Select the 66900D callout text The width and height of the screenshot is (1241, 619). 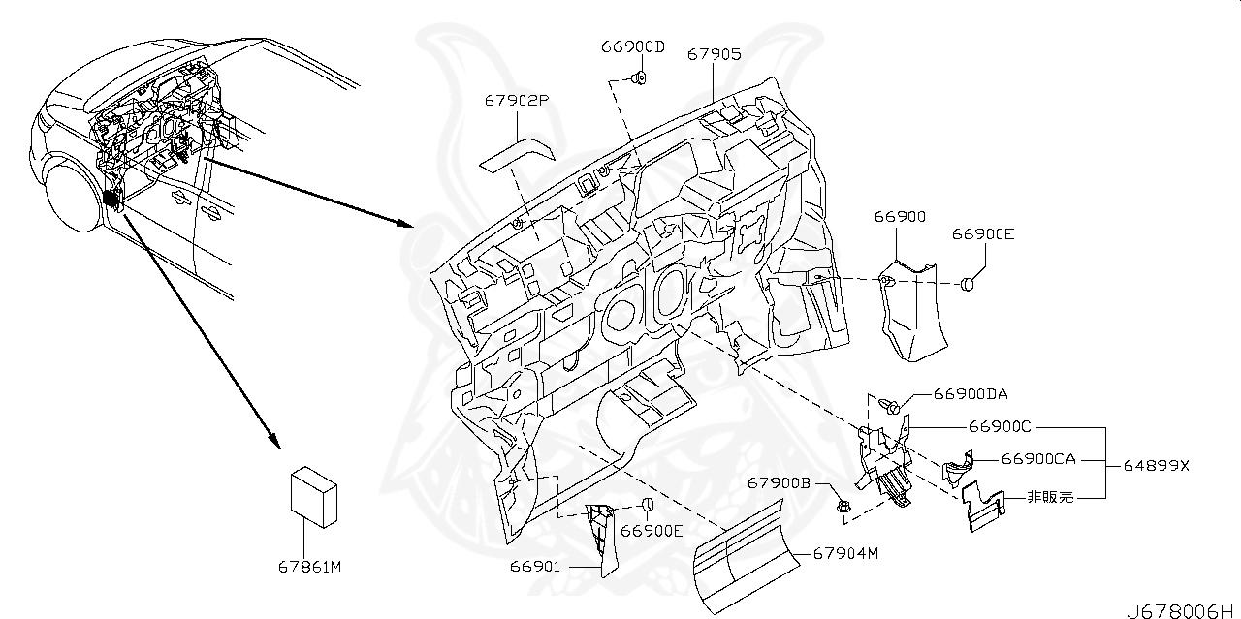click(x=632, y=46)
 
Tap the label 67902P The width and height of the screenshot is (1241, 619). click(x=519, y=100)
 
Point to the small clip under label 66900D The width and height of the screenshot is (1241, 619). click(x=639, y=77)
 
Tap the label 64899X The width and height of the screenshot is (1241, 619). click(x=1156, y=465)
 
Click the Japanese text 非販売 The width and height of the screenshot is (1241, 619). click(x=1052, y=497)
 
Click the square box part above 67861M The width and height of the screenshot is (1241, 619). click(x=316, y=496)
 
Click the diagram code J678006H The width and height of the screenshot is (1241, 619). click(x=1181, y=609)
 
